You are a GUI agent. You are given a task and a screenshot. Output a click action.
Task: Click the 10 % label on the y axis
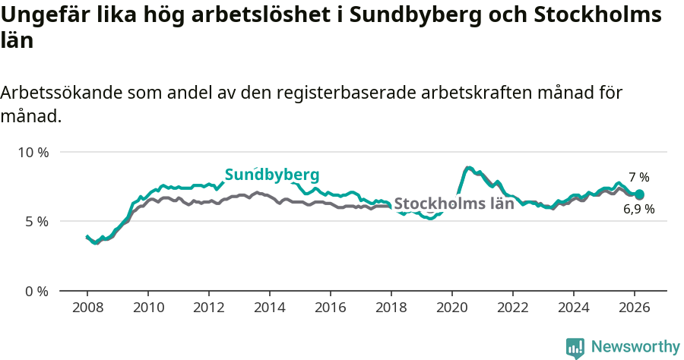(33, 152)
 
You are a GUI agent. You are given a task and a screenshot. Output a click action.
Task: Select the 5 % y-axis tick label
(36, 221)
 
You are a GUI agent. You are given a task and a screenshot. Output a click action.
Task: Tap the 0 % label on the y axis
(36, 291)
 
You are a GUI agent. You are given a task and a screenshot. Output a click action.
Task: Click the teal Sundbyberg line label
(271, 175)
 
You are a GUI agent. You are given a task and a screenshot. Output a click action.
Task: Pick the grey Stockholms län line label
(454, 204)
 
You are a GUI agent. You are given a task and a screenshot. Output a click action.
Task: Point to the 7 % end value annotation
(638, 177)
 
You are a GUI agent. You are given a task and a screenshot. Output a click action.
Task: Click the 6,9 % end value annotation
(638, 209)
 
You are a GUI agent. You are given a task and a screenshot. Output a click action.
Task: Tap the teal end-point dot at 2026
(639, 195)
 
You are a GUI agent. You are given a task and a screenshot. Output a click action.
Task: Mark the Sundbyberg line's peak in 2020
(468, 167)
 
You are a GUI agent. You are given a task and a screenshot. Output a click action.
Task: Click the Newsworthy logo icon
(575, 348)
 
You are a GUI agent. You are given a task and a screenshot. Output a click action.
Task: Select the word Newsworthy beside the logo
(635, 347)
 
